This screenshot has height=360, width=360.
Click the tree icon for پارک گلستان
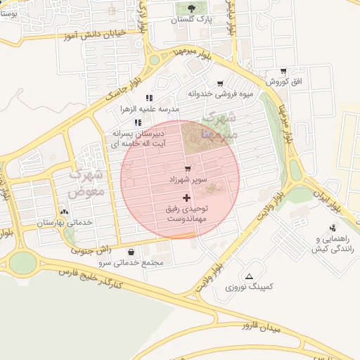192,8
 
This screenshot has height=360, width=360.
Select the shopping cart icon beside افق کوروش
283,71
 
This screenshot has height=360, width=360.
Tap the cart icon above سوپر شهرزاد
187,169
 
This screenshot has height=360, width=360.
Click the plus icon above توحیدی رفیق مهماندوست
186,198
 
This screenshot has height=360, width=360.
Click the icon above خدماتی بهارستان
65,211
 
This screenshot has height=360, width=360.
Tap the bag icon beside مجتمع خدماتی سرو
131,252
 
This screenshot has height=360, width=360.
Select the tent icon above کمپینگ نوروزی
250,276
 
